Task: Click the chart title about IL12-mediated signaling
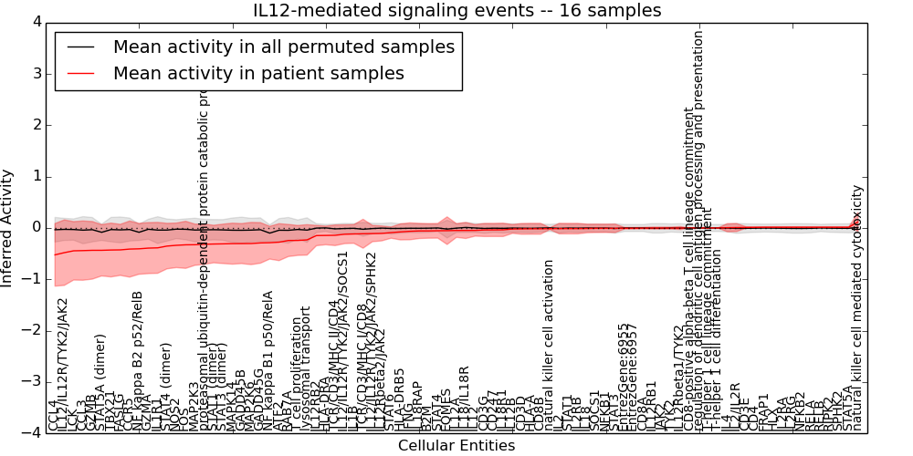[x=456, y=11]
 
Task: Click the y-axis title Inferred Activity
[x=8, y=228]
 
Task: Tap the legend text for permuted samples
[x=283, y=47]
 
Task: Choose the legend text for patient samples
[x=258, y=73]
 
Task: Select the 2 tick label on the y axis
[x=36, y=125]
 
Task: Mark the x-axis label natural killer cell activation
[x=549, y=345]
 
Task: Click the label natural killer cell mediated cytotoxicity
[x=856, y=308]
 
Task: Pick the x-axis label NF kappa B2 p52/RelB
[x=138, y=360]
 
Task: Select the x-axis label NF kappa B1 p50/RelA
[x=268, y=360]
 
